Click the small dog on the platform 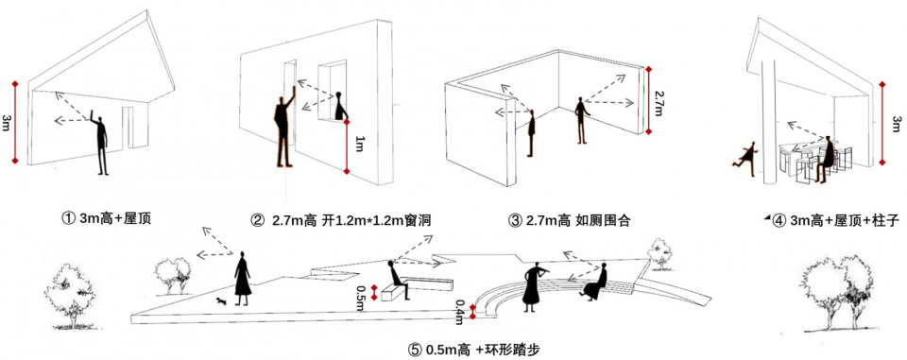click(x=220, y=301)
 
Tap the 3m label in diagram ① click(x=6, y=123)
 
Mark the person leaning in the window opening click(x=339, y=105)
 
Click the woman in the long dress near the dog click(x=243, y=278)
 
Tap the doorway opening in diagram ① click(x=128, y=128)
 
